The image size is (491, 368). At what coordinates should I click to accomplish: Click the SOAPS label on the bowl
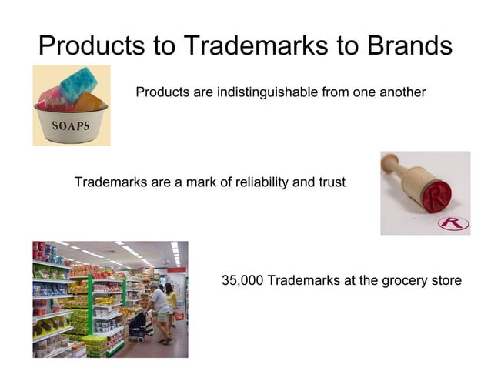[x=70, y=125]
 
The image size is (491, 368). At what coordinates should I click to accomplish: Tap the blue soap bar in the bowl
[x=77, y=82]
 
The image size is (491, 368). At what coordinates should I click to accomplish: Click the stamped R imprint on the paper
[x=453, y=223]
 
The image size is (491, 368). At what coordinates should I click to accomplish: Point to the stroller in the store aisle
[x=141, y=326]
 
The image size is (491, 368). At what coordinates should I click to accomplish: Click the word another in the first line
[x=402, y=92]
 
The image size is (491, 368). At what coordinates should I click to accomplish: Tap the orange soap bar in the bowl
[x=89, y=101]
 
